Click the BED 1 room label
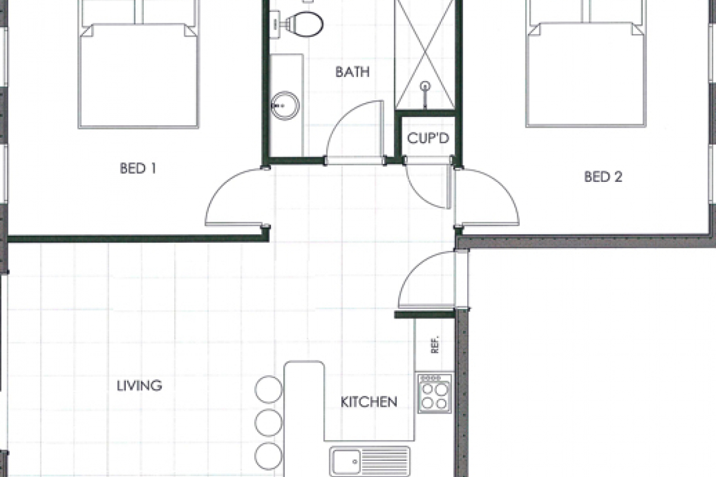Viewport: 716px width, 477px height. pos(138,169)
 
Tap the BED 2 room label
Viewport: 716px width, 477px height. pos(603,177)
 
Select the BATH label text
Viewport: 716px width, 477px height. pos(352,73)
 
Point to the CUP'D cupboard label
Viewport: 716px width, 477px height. pos(428,138)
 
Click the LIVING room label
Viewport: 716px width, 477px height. pos(140,385)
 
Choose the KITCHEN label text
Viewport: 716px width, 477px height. pos(369,402)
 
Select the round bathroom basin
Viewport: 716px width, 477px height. pos(285,106)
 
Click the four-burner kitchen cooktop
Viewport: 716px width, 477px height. pos(434,393)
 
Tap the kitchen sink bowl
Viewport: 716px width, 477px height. pos(347,461)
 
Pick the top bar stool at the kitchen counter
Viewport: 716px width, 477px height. pos(268,389)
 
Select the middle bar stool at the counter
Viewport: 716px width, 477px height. pos(268,422)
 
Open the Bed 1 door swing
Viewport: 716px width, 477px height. pos(233,200)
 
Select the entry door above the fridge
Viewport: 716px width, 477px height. pos(428,280)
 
